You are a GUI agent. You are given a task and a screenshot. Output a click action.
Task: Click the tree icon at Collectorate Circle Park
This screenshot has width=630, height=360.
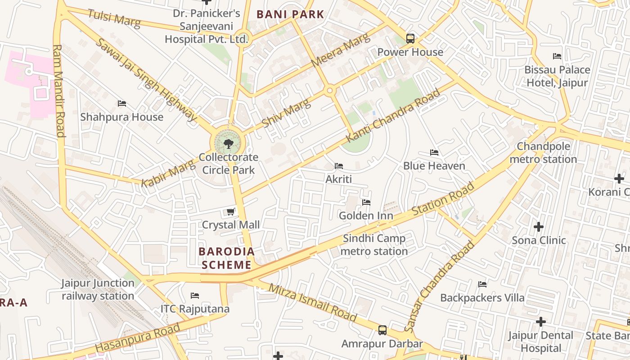tap(228, 144)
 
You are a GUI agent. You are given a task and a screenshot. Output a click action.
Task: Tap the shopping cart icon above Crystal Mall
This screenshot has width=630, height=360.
tap(230, 211)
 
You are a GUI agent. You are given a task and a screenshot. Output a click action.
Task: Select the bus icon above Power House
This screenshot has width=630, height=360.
tap(410, 39)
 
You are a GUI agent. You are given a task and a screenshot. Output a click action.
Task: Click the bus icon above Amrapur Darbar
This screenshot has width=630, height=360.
tap(382, 330)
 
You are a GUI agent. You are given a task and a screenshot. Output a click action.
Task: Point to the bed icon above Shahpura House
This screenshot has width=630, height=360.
tap(121, 103)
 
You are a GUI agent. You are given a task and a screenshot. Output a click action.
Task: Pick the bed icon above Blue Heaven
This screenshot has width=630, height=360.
tap(434, 153)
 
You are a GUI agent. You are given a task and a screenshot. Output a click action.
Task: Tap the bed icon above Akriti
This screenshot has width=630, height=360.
tap(339, 166)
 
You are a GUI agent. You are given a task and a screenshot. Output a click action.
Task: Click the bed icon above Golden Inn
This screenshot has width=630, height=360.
tap(366, 202)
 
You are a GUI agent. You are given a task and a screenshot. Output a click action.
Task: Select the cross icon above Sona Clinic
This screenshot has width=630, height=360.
tap(538, 227)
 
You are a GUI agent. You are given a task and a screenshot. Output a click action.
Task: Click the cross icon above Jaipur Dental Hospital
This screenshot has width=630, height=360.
tap(540, 322)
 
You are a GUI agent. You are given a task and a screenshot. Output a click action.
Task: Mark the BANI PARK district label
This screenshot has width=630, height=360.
tap(290, 14)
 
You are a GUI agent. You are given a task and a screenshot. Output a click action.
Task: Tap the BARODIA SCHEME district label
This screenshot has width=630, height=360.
tap(226, 258)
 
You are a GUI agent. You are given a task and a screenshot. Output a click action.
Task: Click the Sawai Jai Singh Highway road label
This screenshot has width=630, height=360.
tap(146, 80)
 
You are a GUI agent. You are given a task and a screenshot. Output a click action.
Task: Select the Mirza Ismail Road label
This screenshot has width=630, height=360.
tap(313, 302)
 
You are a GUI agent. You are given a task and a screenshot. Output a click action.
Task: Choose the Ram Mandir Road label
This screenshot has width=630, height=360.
tap(59, 90)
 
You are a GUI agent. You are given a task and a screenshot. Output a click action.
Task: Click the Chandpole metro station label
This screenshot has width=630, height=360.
tap(543, 153)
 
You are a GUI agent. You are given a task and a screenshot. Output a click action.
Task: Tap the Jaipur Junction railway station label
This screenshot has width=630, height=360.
tap(98, 289)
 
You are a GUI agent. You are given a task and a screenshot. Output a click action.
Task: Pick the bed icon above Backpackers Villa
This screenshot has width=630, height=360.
tap(482, 284)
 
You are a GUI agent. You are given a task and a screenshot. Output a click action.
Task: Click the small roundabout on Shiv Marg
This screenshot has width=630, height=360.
tap(330, 91)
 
